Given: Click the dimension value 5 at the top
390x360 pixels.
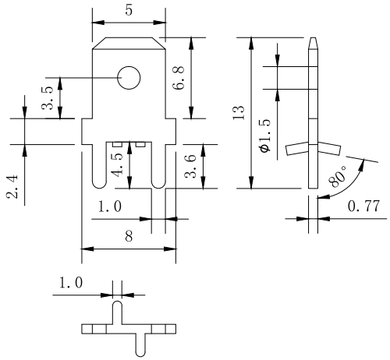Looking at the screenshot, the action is (129, 10).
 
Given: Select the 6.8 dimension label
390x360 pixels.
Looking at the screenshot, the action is (179, 78).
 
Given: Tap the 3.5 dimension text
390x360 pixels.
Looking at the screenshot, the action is (48, 97).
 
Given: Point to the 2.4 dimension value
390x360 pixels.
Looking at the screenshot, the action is (12, 187).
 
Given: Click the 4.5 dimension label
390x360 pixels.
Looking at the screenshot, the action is (118, 164).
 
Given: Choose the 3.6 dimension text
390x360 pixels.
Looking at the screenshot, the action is (190, 166).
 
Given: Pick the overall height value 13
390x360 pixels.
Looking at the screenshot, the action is (239, 113).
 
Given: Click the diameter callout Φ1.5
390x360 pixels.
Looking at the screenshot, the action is (265, 136).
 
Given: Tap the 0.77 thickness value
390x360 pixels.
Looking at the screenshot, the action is (363, 206).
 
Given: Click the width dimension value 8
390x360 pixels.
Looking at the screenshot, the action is (129, 236).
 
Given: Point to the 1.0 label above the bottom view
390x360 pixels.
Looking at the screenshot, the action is (71, 283).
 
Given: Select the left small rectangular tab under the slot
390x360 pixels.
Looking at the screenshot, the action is (118, 144).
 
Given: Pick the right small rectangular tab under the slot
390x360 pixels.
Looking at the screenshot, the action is (140, 144).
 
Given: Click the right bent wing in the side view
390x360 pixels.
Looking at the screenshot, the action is (329, 149).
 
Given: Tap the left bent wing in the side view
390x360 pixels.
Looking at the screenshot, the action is (297, 149).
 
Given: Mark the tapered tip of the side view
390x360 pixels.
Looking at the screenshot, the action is (313, 43).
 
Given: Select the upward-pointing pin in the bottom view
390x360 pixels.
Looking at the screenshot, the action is (118, 312).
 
